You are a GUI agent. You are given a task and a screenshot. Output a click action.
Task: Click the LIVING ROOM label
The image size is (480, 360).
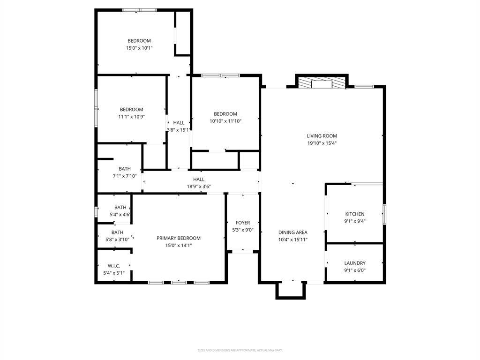click(x=322, y=136)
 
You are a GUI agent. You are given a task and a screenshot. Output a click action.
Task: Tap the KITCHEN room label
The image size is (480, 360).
click(x=355, y=214)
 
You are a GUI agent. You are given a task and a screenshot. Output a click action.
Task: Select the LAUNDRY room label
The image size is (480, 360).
click(x=355, y=263)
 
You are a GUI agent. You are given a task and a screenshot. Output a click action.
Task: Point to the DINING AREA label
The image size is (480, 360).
click(x=293, y=232)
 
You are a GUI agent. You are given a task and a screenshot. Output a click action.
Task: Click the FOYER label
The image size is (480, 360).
click(x=243, y=223)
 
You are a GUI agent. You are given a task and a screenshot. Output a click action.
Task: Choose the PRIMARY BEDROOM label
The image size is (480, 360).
click(x=179, y=238)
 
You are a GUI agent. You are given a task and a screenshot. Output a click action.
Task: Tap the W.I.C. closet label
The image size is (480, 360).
click(x=114, y=266)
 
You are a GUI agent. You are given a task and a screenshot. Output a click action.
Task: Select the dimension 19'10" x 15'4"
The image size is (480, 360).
click(x=322, y=143)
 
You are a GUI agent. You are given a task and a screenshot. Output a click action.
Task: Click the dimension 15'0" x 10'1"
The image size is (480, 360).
click(x=139, y=48)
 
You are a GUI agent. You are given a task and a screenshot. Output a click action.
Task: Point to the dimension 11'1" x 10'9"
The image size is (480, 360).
click(x=131, y=117)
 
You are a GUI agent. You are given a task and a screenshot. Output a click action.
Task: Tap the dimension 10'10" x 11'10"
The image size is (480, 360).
click(x=225, y=121)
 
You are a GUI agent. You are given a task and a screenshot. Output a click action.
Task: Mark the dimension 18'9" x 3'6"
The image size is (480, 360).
click(x=199, y=186)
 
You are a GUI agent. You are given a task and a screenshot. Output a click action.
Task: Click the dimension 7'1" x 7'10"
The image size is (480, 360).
click(x=125, y=176)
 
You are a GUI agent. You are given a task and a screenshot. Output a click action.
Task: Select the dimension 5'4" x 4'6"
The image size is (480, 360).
click(x=120, y=215)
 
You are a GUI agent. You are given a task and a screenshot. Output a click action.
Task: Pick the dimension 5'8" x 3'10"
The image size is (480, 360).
click(x=118, y=239)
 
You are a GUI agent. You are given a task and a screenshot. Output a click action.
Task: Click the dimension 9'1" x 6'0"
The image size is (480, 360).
click(x=355, y=270)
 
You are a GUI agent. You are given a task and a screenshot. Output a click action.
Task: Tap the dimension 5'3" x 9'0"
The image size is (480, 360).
click(x=243, y=230)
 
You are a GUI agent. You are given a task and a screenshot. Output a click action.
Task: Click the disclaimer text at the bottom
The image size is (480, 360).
click(x=240, y=350)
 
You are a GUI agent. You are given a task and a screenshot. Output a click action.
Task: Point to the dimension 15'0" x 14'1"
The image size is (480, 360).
click(x=179, y=245)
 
